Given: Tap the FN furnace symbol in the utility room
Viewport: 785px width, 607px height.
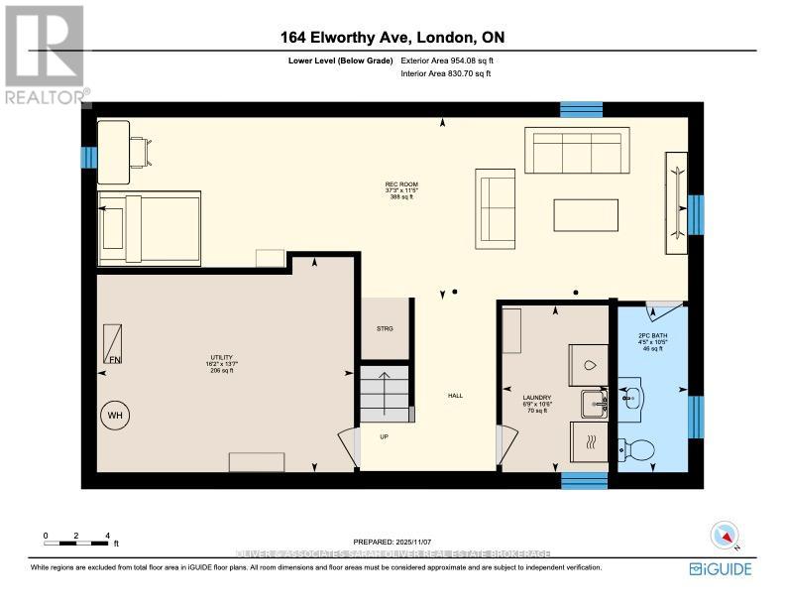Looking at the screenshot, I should coord(115,344).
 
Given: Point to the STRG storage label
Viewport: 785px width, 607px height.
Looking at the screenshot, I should coord(385,328).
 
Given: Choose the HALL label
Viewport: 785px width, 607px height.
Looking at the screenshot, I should coord(455,396).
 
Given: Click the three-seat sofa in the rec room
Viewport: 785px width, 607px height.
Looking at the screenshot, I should coord(577,151).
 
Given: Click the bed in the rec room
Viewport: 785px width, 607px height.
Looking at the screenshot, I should coord(149,228).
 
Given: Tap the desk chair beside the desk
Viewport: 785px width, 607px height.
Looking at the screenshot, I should coord(141,151).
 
